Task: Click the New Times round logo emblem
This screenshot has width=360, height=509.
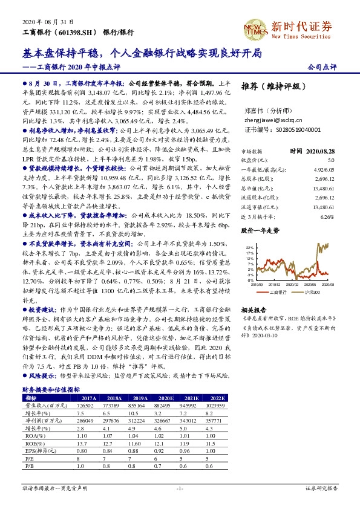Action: click(254, 27)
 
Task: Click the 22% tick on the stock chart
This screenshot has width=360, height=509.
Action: click(249, 248)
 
